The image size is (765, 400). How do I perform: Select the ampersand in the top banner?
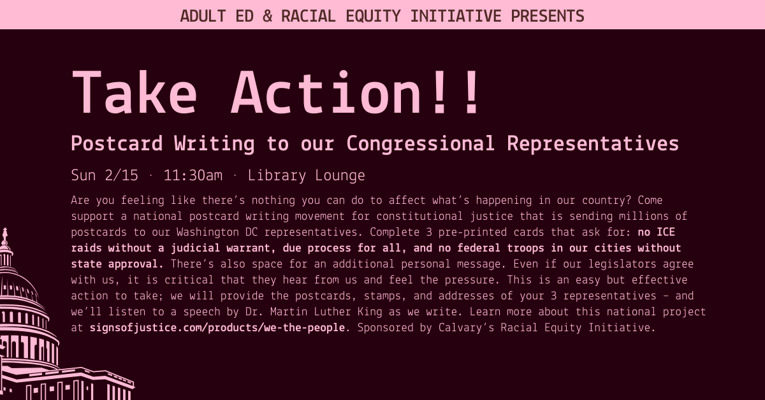pyautogui.click(x=267, y=15)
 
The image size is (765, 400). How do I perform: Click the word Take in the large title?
pyautogui.click(x=135, y=93)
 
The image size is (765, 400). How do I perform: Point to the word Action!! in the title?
pyautogui.click(x=357, y=93)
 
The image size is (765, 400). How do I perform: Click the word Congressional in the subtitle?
pyautogui.click(x=420, y=144)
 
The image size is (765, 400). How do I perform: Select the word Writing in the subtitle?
pyautogui.click(x=215, y=144)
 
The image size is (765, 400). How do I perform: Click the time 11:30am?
pyautogui.click(x=193, y=176)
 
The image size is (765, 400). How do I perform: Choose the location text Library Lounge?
pyautogui.click(x=307, y=176)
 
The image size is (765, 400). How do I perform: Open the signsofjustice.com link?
pyautogui.click(x=217, y=328)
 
